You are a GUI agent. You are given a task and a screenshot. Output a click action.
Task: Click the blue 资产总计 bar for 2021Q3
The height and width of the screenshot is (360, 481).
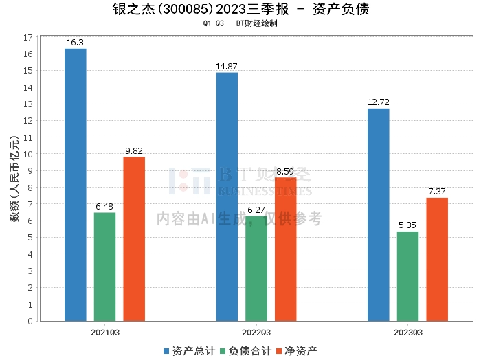[x=76, y=185]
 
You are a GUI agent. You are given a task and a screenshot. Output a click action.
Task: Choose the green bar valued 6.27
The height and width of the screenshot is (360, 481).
[x=256, y=269]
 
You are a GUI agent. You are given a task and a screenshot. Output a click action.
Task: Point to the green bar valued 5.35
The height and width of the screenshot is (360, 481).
[x=407, y=276]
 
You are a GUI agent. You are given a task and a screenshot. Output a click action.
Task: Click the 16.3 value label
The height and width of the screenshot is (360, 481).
[x=75, y=43]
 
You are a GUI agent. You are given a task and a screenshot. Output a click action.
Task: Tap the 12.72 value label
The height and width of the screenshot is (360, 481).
[x=379, y=102]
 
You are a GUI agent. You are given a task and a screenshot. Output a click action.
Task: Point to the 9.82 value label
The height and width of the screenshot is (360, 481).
[x=134, y=150]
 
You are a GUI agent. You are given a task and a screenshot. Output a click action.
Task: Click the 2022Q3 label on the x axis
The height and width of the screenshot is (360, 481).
[x=256, y=332]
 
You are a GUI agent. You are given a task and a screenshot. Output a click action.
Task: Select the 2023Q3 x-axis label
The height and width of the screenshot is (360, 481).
[x=407, y=332]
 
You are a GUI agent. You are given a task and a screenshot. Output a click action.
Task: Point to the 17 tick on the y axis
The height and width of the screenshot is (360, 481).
[x=28, y=37]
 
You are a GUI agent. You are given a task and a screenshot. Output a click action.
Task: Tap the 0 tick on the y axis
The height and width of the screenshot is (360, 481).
[x=30, y=321]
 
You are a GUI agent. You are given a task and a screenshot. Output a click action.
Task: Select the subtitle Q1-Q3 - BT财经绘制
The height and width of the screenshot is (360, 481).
[x=240, y=23]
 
